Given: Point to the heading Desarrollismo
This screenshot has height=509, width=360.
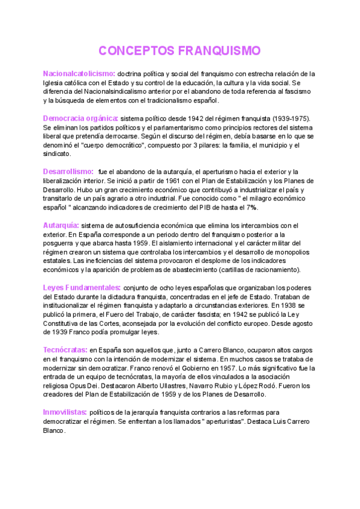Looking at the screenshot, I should (68, 172).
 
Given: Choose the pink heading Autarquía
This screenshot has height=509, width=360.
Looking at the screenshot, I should (61, 225).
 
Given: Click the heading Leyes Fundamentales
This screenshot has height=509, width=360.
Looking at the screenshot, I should (82, 288).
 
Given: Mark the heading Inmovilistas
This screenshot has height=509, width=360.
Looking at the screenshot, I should (64, 412).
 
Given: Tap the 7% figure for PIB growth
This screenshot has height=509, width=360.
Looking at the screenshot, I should (251, 208).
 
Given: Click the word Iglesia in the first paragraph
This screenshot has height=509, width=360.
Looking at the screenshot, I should (55, 83).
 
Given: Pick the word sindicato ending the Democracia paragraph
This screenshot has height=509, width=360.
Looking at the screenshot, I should (57, 154).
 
